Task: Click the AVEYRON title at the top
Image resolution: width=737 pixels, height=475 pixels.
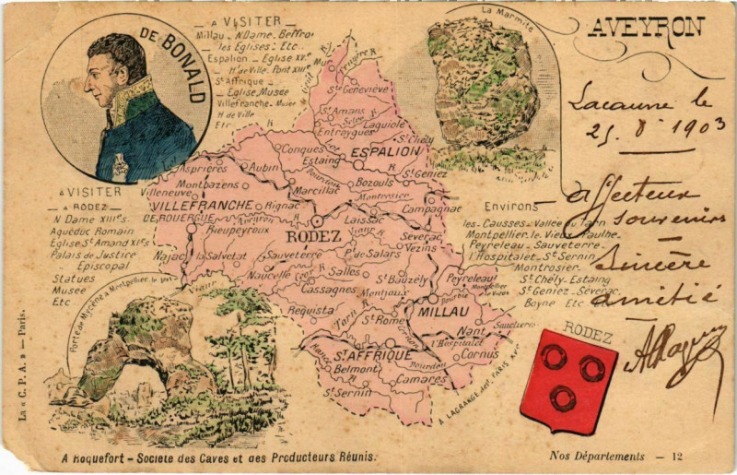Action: (646, 28)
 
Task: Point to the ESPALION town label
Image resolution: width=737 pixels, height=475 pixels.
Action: (387, 151)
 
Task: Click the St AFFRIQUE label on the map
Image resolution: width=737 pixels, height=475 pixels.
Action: (374, 355)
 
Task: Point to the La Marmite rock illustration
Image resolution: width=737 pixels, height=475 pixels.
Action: (484, 88)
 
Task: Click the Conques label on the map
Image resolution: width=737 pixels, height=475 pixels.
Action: (302, 148)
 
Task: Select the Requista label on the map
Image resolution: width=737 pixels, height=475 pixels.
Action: (310, 310)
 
